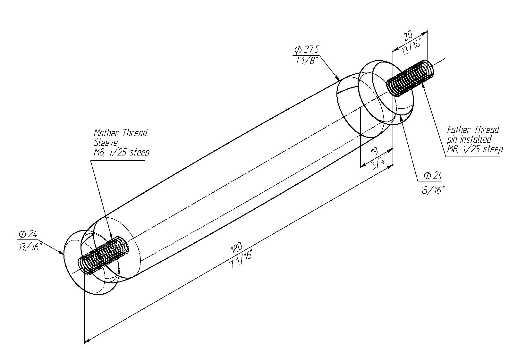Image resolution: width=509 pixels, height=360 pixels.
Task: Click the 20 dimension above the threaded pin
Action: coord(408,36)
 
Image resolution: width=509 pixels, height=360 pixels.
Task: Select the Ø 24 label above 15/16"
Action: coord(433,176)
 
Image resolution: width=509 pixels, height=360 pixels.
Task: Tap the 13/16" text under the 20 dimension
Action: coord(412,47)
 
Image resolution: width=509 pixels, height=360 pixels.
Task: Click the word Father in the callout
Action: coord(460,130)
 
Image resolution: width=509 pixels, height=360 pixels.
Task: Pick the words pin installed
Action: coord(469,140)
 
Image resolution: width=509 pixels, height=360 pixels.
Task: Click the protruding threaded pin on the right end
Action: coord(411,78)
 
